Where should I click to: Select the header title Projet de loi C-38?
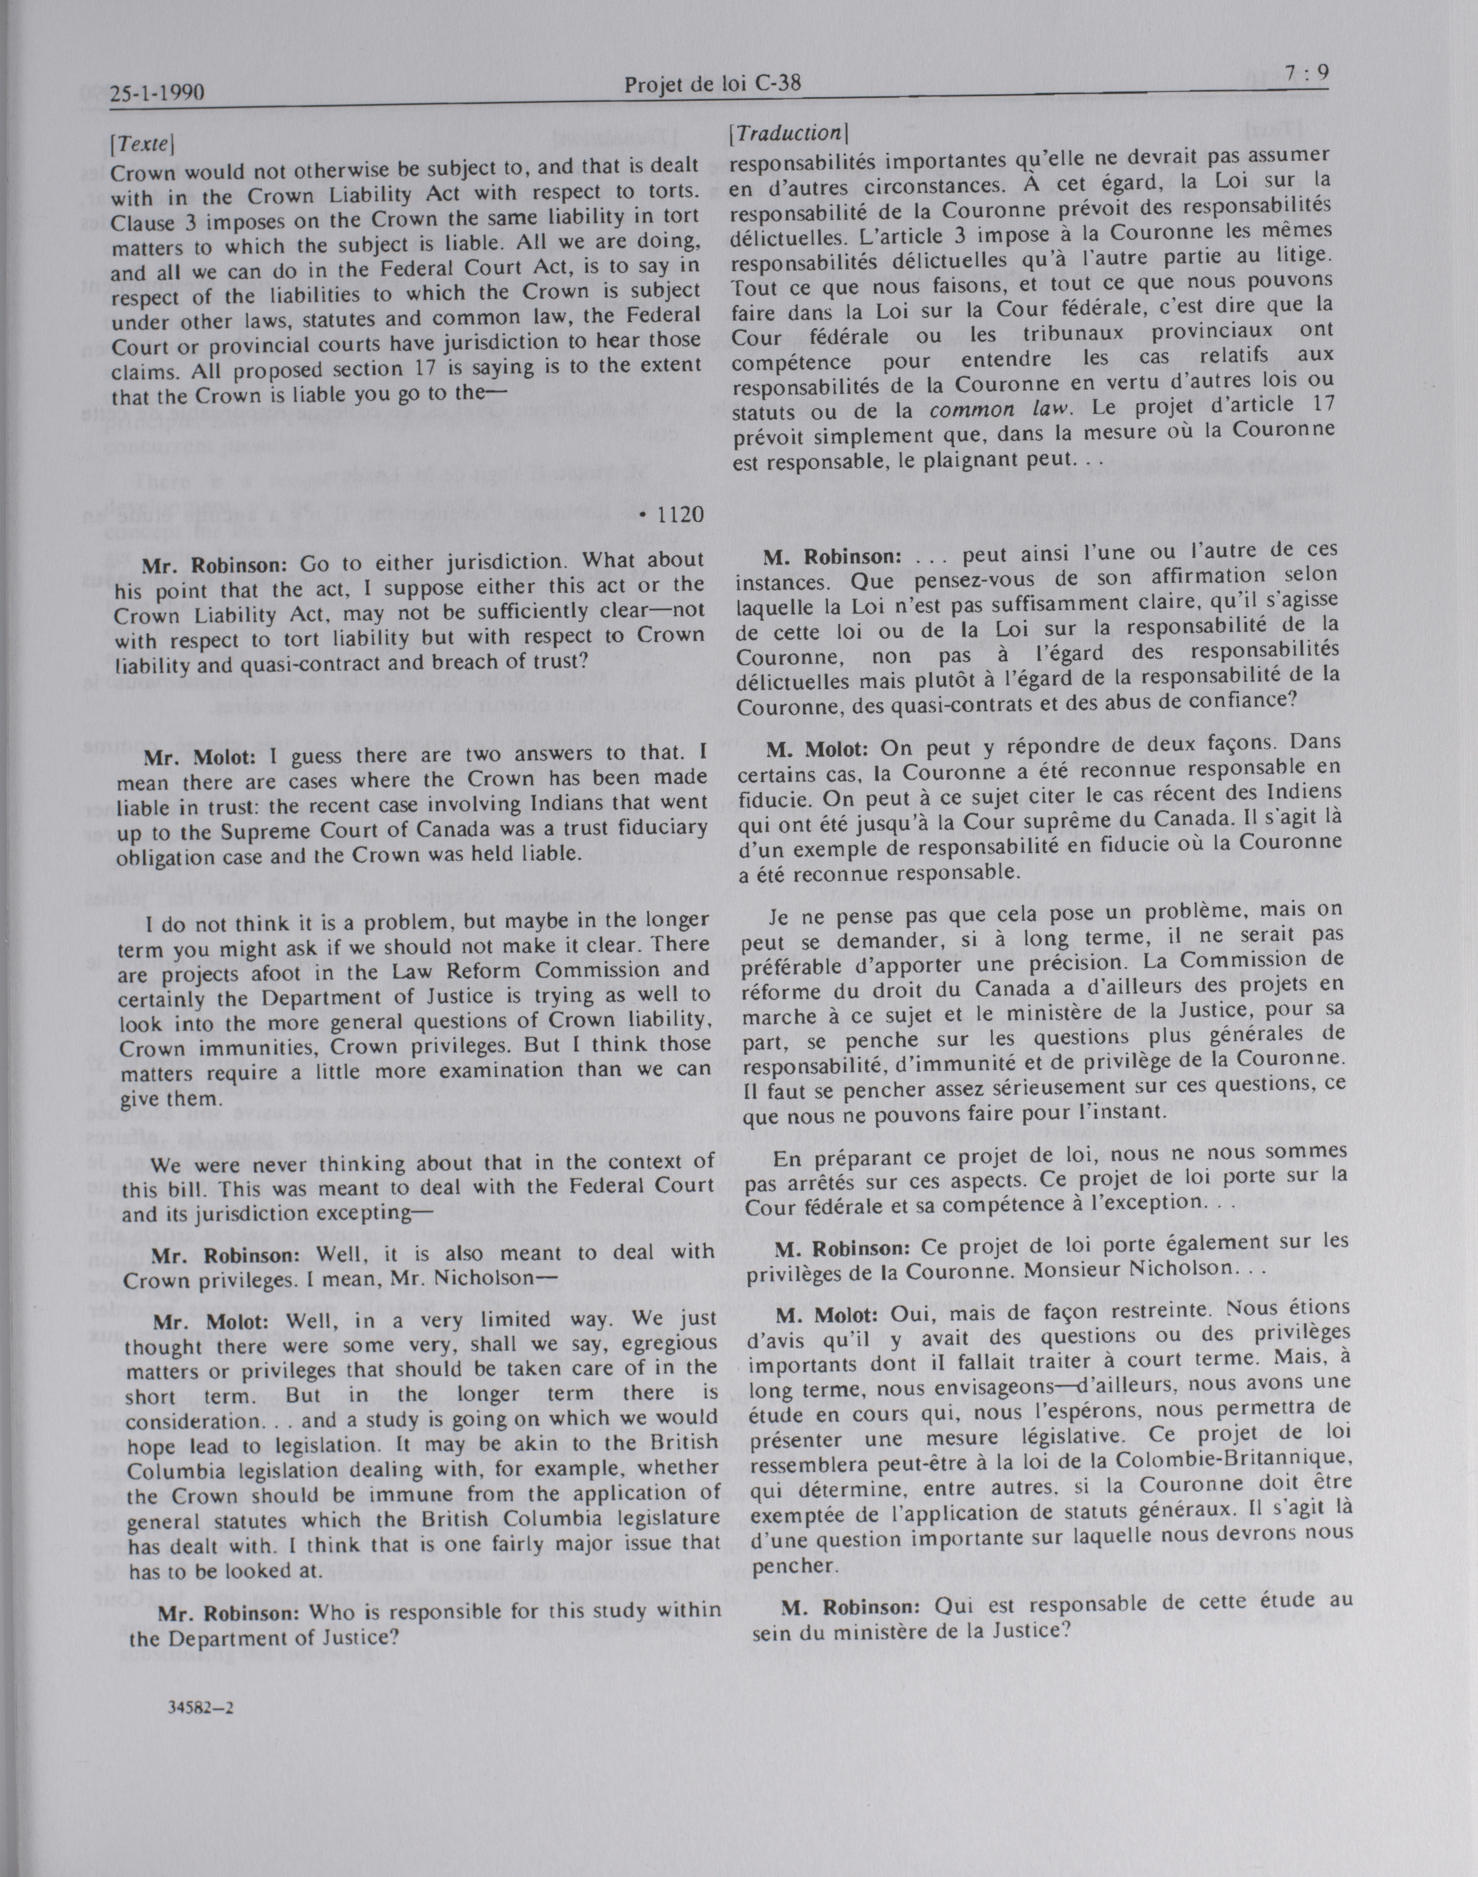(711, 84)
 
